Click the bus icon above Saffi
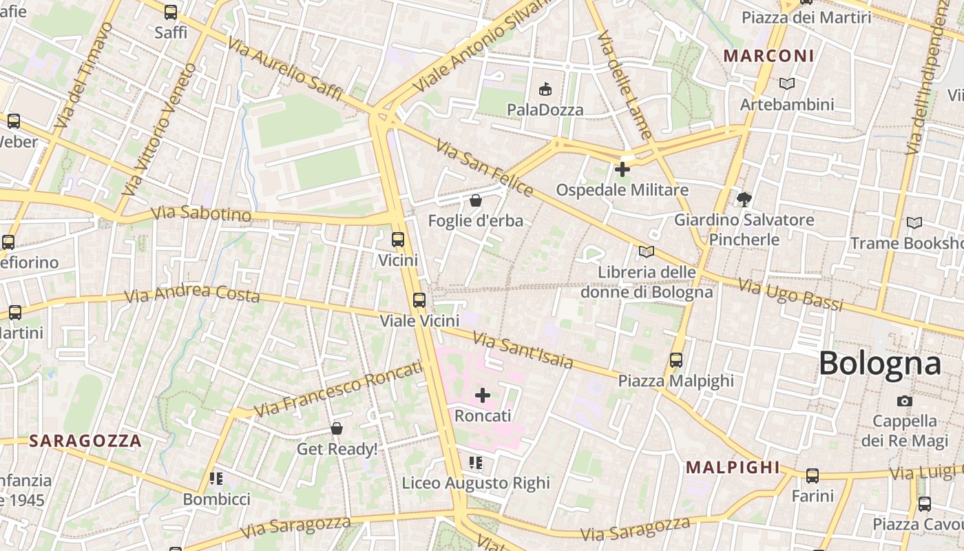point(170,12)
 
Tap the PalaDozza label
point(545,110)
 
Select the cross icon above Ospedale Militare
point(622,169)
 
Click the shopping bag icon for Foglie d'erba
point(475,200)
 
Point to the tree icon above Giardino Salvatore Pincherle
point(744,200)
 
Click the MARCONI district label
point(769,56)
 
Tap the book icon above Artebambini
point(787,84)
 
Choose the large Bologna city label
point(879,363)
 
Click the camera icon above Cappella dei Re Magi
point(905,401)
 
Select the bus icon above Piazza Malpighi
point(676,360)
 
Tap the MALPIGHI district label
point(733,468)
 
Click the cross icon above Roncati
point(483,395)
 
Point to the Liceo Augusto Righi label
point(476,483)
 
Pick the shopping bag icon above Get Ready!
point(337,428)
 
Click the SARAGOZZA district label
point(85,441)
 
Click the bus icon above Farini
point(813,475)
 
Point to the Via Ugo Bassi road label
point(790,294)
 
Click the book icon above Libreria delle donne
point(646,252)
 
